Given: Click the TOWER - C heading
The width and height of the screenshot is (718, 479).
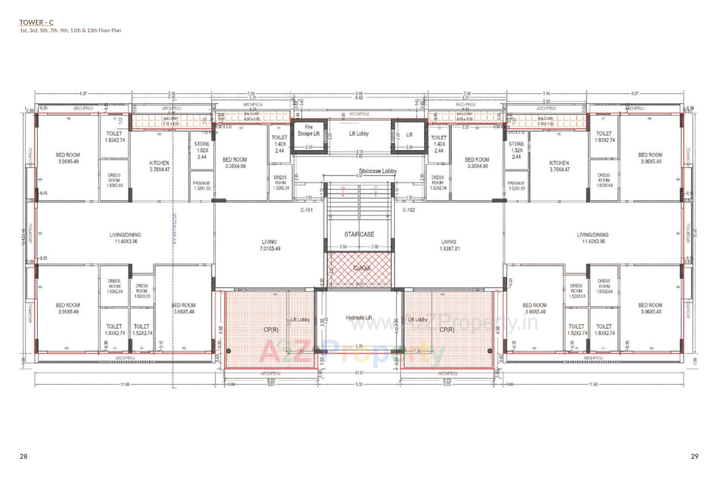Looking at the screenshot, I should pyautogui.click(x=36, y=23).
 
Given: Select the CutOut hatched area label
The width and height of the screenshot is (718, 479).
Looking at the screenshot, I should pyautogui.click(x=361, y=268).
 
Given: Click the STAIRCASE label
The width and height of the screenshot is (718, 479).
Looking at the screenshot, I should pyautogui.click(x=359, y=234).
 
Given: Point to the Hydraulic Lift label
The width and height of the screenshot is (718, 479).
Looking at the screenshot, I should pyautogui.click(x=359, y=318).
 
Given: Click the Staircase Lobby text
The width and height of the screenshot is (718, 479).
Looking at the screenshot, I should pyautogui.click(x=378, y=171).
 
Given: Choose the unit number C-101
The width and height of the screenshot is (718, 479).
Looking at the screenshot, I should pyautogui.click(x=307, y=210).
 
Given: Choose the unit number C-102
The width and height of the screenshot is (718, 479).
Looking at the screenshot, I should pyautogui.click(x=408, y=210).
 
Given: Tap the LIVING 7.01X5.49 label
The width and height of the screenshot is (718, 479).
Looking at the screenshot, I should pyautogui.click(x=269, y=245).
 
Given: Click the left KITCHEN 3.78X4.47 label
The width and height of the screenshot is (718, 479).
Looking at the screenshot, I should pyautogui.click(x=159, y=166).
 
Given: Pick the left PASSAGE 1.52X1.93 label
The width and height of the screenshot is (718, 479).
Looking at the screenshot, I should pyautogui.click(x=202, y=186).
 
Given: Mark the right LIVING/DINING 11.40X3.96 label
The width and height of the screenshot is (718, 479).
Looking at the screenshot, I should pyautogui.click(x=593, y=238).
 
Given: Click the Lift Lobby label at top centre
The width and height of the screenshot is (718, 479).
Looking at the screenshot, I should pyautogui.click(x=359, y=134).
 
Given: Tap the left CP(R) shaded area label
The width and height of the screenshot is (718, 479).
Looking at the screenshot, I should pyautogui.click(x=271, y=330).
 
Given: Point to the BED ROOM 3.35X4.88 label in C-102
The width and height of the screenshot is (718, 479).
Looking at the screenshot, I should pyautogui.click(x=477, y=163).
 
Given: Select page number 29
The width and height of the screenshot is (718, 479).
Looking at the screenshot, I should pyautogui.click(x=694, y=456).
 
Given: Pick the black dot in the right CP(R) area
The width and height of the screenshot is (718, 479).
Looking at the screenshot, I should pyautogui.click(x=490, y=351).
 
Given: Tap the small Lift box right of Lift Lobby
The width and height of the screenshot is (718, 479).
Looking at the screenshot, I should pyautogui.click(x=409, y=135).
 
